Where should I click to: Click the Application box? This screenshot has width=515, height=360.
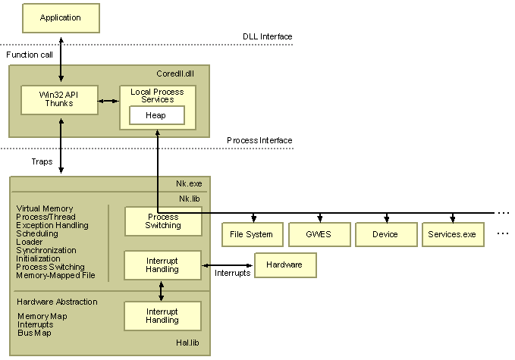click(61, 17)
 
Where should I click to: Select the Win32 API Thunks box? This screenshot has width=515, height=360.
click(59, 99)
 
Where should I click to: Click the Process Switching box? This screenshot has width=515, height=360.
click(163, 221)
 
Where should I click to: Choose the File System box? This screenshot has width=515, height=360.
click(251, 234)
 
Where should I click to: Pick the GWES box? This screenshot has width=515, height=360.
click(319, 234)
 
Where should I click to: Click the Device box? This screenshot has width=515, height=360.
click(385, 234)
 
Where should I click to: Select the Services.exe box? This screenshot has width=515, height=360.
click(452, 234)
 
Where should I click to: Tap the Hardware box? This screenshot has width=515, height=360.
click(285, 265)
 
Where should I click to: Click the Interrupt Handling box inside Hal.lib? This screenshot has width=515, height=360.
click(162, 316)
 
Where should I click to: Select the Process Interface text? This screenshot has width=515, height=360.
click(259, 140)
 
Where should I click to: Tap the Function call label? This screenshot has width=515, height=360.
click(30, 55)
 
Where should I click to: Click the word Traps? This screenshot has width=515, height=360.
click(42, 161)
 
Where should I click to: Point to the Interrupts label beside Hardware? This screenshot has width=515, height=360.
click(232, 273)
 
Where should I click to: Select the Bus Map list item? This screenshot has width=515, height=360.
click(36, 333)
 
